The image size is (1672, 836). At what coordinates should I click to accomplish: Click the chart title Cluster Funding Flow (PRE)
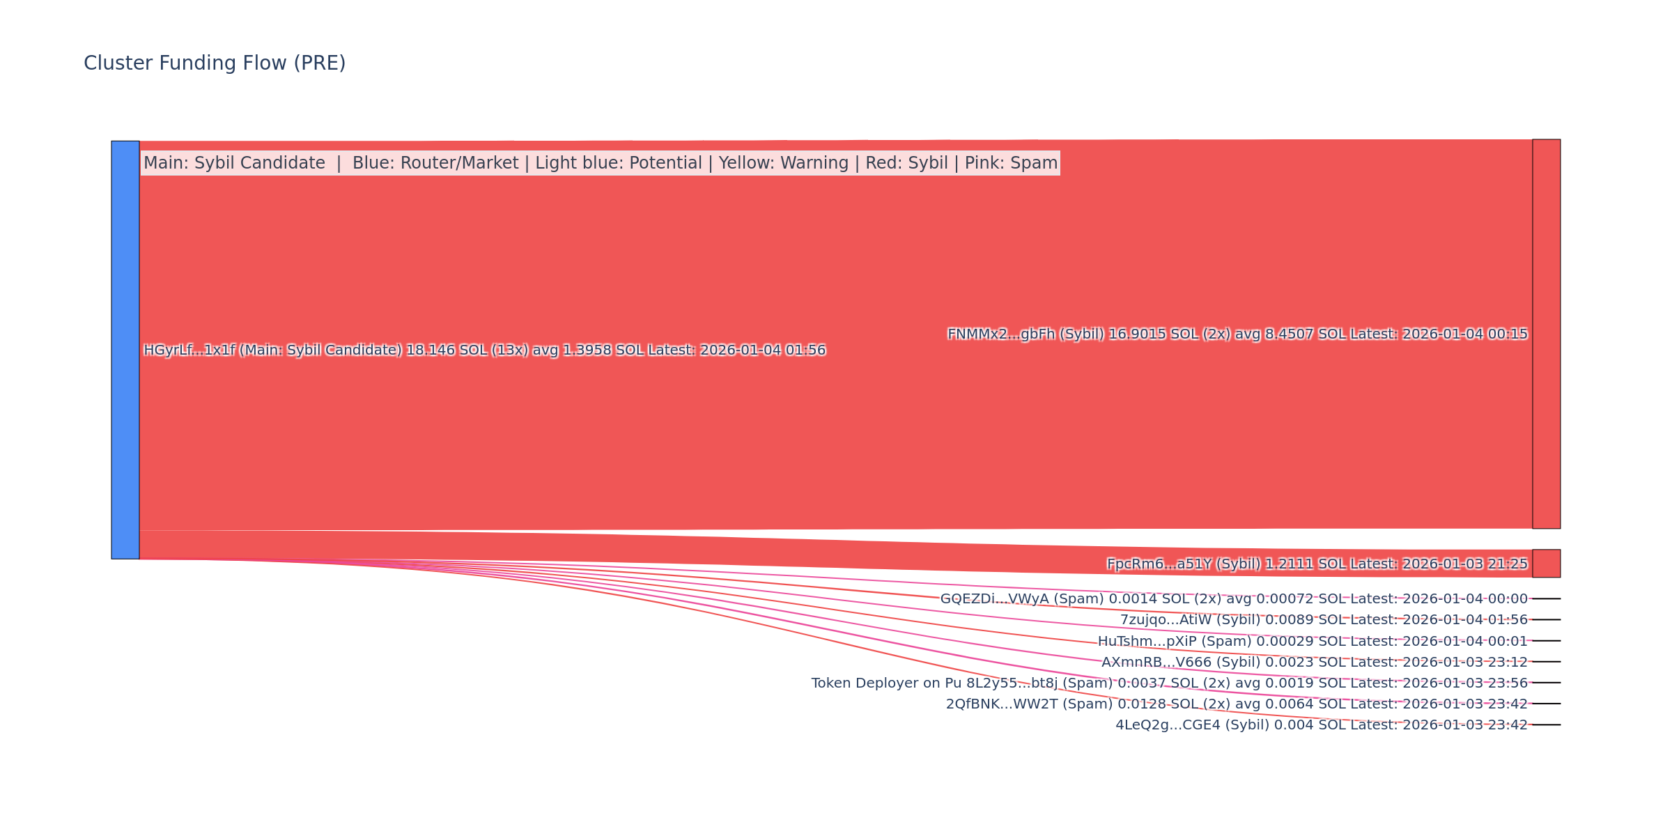click(215, 63)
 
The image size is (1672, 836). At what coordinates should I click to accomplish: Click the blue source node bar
click(125, 350)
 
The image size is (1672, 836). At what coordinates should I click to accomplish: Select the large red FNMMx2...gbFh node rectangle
click(1546, 334)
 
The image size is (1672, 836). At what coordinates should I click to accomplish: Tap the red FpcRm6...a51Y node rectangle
click(1546, 564)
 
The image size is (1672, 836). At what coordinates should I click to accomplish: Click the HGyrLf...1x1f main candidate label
click(484, 350)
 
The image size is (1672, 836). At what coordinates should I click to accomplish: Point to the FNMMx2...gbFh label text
click(1237, 334)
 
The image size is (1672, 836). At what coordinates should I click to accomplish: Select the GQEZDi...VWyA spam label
click(1233, 599)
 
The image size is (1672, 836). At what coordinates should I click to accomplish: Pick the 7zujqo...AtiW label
click(1324, 620)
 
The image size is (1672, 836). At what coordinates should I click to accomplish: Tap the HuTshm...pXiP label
click(1313, 641)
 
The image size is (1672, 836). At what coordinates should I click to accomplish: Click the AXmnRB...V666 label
click(1314, 662)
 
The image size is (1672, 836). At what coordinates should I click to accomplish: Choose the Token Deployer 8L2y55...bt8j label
click(1169, 683)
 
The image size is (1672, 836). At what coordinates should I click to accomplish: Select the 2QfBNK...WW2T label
click(1237, 704)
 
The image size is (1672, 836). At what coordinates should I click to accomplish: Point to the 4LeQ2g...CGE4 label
click(1321, 725)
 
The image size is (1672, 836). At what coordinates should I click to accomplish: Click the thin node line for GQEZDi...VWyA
click(1546, 598)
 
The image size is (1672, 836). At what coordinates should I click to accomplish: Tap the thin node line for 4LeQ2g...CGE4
click(1546, 725)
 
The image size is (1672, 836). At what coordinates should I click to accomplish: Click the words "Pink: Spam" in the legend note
click(1011, 163)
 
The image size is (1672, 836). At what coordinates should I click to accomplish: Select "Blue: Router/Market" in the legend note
click(435, 163)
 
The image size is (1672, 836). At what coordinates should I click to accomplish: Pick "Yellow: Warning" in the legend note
click(784, 163)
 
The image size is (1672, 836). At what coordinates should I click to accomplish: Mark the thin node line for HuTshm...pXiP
click(1546, 640)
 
